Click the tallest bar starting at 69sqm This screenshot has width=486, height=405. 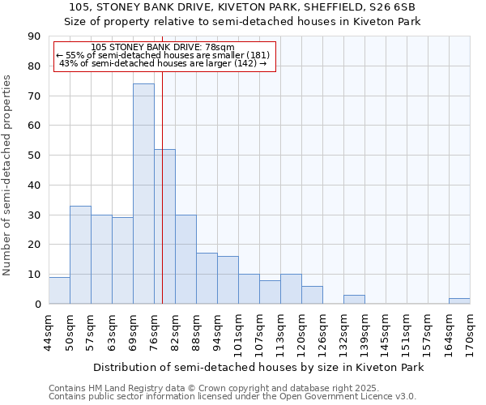point(143,194)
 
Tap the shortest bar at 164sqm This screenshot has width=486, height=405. point(459,301)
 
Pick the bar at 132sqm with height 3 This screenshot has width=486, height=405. point(354,300)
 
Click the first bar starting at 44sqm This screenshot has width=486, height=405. point(59,291)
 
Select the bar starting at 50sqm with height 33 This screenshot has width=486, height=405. point(80,255)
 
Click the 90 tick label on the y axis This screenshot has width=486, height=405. point(35,36)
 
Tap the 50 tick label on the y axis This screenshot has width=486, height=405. point(35,156)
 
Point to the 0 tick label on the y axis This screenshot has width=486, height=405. point(38,305)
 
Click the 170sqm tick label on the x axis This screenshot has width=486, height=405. point(470,333)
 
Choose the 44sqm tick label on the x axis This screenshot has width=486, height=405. point(49,333)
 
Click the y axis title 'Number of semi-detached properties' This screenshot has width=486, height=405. point(8,175)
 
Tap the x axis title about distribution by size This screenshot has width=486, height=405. point(258,367)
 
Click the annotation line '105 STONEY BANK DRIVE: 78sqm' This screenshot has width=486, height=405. point(163,47)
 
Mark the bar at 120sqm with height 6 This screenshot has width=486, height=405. point(312,295)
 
